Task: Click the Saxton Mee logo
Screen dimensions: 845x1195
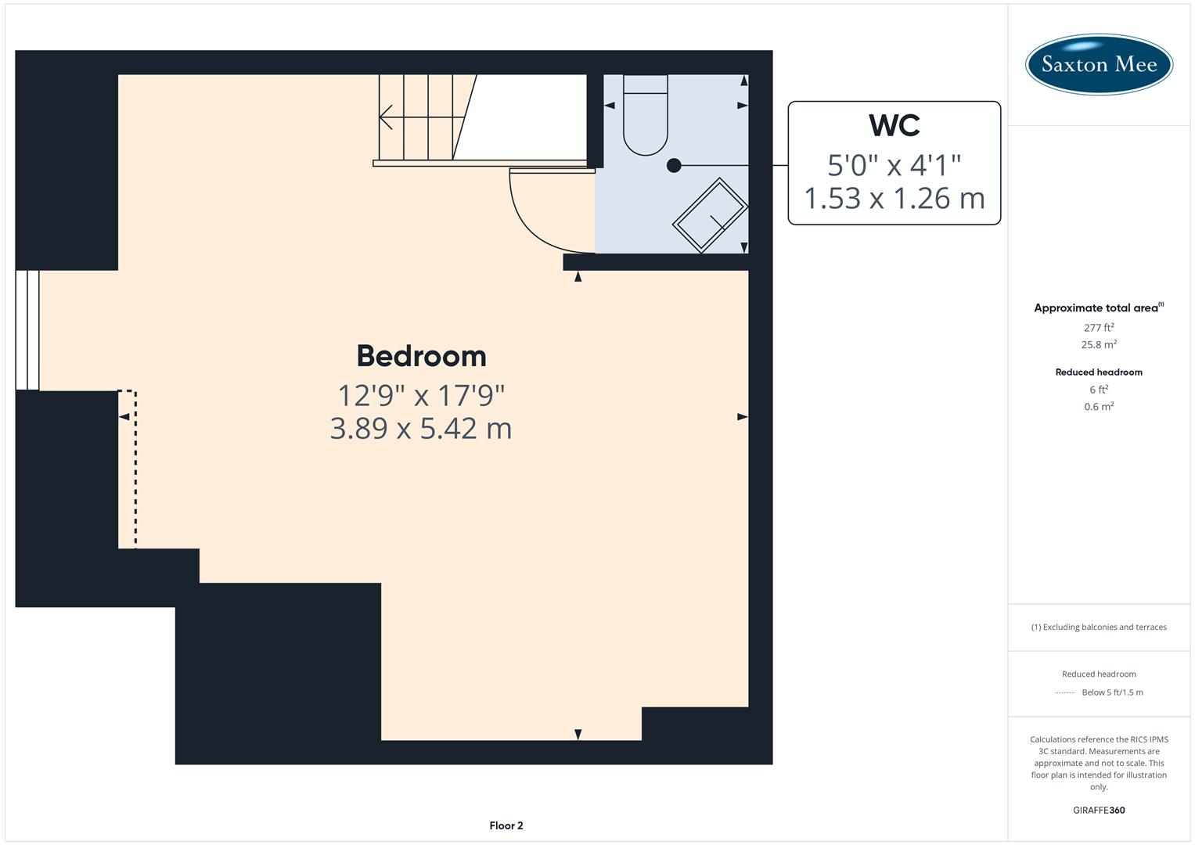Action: pyautogui.click(x=1099, y=64)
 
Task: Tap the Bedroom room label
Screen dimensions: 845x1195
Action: pyautogui.click(x=421, y=356)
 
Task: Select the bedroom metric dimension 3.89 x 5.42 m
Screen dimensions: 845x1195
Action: pyautogui.click(x=421, y=429)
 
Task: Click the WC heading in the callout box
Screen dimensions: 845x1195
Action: pyautogui.click(x=894, y=125)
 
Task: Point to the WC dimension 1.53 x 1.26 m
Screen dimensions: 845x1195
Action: pyautogui.click(x=894, y=199)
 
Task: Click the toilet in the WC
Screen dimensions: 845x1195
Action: pyautogui.click(x=646, y=117)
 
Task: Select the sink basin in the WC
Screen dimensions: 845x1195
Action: pyautogui.click(x=710, y=216)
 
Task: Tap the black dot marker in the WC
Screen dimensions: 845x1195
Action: pyautogui.click(x=674, y=165)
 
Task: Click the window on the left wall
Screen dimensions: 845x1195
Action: pyautogui.click(x=27, y=330)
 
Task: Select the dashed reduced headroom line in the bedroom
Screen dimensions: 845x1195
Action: pyautogui.click(x=135, y=469)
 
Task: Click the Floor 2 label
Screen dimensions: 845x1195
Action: pyautogui.click(x=506, y=825)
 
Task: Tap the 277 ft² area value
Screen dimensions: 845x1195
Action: pyautogui.click(x=1099, y=328)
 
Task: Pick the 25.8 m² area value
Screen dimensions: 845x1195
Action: pyautogui.click(x=1099, y=344)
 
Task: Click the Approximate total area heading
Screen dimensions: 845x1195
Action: pyautogui.click(x=1098, y=307)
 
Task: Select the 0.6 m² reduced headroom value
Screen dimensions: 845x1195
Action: pyautogui.click(x=1099, y=407)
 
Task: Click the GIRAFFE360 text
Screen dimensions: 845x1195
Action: pyautogui.click(x=1099, y=810)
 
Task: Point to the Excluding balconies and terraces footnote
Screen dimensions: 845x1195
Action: pyautogui.click(x=1099, y=627)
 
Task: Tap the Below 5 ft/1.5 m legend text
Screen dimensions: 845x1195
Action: pyautogui.click(x=1112, y=692)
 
